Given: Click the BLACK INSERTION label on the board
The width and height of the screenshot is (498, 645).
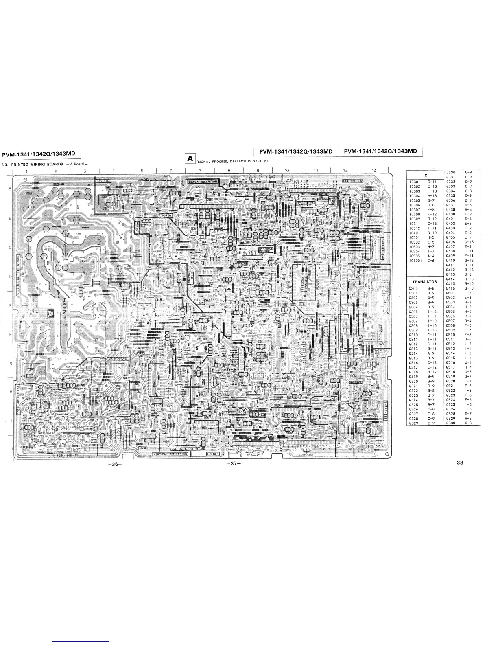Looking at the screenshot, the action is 203,182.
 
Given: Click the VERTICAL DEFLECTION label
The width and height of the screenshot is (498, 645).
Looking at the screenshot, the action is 170,454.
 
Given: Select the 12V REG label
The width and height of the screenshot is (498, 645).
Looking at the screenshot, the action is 103,179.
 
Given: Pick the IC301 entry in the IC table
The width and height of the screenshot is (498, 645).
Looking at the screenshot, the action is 416,182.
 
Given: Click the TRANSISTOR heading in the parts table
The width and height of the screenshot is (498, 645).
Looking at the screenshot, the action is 424,281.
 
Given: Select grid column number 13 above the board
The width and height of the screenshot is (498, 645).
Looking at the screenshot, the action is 373,170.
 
